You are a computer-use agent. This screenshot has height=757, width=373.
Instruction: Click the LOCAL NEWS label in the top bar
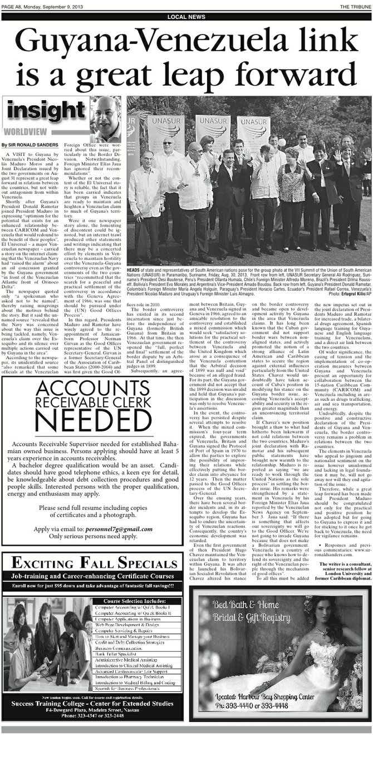(x=185, y=17)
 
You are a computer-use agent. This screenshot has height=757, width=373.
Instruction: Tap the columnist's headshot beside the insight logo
(x=106, y=119)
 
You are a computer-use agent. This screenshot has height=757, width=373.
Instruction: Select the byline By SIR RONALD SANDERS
(x=29, y=145)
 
